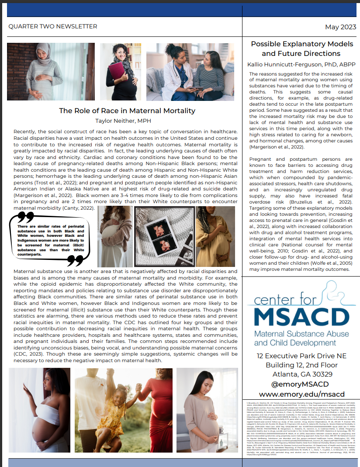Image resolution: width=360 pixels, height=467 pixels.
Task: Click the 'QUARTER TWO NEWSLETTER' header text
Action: pos(53,27)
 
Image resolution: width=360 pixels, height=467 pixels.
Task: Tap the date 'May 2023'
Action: pos(340,27)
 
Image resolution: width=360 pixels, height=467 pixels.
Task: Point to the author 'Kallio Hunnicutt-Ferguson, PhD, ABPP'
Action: pos(301,64)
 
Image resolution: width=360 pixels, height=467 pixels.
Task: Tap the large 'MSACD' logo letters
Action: pos(301,317)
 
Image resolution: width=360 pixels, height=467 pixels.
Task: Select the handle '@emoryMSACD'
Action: pos(301,384)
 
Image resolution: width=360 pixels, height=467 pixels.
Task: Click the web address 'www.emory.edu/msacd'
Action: pos(301,394)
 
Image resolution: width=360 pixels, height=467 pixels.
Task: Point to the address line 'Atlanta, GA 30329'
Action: pos(301,375)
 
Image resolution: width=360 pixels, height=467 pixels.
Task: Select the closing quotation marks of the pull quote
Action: pos(75,260)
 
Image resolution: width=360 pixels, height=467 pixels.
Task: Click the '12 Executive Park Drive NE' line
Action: pos(301,356)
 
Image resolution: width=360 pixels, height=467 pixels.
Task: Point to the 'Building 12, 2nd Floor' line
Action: pos(301,365)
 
